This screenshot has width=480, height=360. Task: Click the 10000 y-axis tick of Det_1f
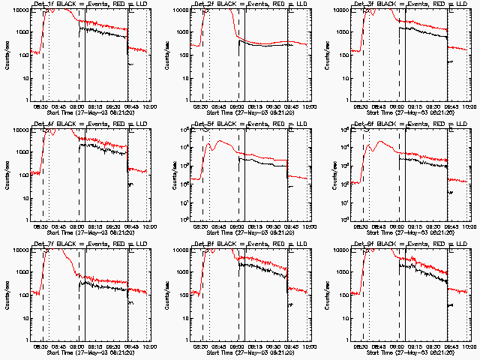[20, 10]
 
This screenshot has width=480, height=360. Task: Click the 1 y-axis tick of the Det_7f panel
[28, 340]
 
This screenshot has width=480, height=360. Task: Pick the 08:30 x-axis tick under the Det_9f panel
[363, 346]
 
